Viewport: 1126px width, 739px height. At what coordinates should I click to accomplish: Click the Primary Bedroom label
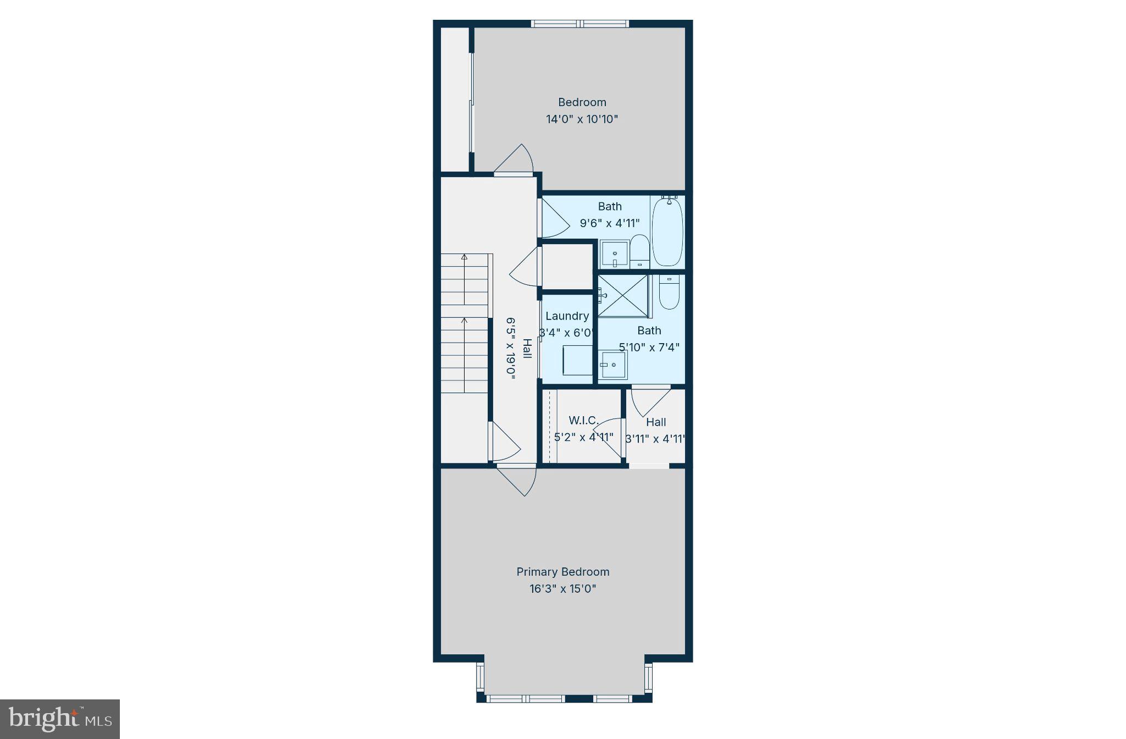(x=562, y=572)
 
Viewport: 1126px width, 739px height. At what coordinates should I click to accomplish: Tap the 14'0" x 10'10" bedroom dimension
(x=582, y=119)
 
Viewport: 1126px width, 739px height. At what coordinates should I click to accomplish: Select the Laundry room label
(x=567, y=316)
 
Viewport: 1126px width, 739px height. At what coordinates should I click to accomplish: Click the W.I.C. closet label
(x=583, y=421)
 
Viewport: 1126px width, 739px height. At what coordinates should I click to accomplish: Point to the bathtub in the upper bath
(x=667, y=231)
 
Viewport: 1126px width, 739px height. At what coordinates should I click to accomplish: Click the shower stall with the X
(x=623, y=296)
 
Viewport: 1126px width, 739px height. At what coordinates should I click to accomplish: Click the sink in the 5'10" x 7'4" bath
(x=613, y=364)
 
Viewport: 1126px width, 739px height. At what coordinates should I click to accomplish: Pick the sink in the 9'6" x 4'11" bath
(x=614, y=254)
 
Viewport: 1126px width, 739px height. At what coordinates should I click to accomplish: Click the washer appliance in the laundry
(x=577, y=360)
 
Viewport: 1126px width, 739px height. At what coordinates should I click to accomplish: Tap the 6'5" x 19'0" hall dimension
(x=510, y=346)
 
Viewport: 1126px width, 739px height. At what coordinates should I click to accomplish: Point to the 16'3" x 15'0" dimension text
(x=562, y=589)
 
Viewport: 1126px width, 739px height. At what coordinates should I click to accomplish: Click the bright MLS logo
(x=60, y=719)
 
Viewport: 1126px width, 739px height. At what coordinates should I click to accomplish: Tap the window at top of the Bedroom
(x=579, y=24)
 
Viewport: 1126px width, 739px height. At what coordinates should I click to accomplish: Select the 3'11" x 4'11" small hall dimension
(x=655, y=439)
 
